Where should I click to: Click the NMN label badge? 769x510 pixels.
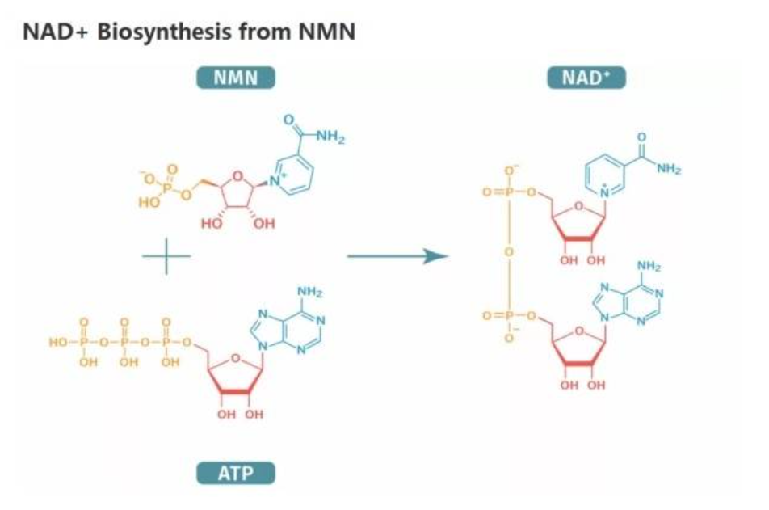[x=235, y=78]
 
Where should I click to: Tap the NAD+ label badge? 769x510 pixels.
[x=587, y=78]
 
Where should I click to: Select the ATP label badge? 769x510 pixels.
[x=235, y=473]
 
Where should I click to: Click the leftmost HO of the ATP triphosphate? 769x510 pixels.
[x=59, y=343]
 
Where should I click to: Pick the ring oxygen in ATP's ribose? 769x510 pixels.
[x=234, y=356]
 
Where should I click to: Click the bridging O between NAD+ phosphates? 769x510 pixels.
[x=510, y=252]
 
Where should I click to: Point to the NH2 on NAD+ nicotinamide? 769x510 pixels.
[x=669, y=170]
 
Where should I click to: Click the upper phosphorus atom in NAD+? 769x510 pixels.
[x=510, y=193]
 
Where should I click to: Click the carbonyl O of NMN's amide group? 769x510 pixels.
[x=288, y=120]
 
